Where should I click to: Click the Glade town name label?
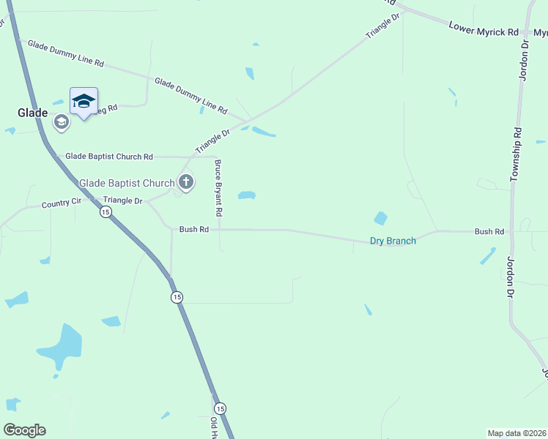coord(32,113)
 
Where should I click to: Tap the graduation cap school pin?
coord(84,101)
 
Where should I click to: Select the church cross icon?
coord(186,182)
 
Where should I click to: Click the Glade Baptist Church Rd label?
coord(109,157)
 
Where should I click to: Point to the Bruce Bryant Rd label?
coord(218,189)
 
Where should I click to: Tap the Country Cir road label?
coord(60,203)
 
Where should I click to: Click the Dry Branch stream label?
coord(393,241)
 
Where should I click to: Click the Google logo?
coord(24,430)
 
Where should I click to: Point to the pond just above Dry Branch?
coord(380,218)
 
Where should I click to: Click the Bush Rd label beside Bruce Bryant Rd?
coord(194,229)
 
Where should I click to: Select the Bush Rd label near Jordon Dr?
coord(489,232)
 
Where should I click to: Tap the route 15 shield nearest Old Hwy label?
coord(220,408)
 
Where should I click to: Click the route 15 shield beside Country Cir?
coord(105,212)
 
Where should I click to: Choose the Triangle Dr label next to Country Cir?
coord(123,200)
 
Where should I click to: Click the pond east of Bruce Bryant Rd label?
coord(246,195)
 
